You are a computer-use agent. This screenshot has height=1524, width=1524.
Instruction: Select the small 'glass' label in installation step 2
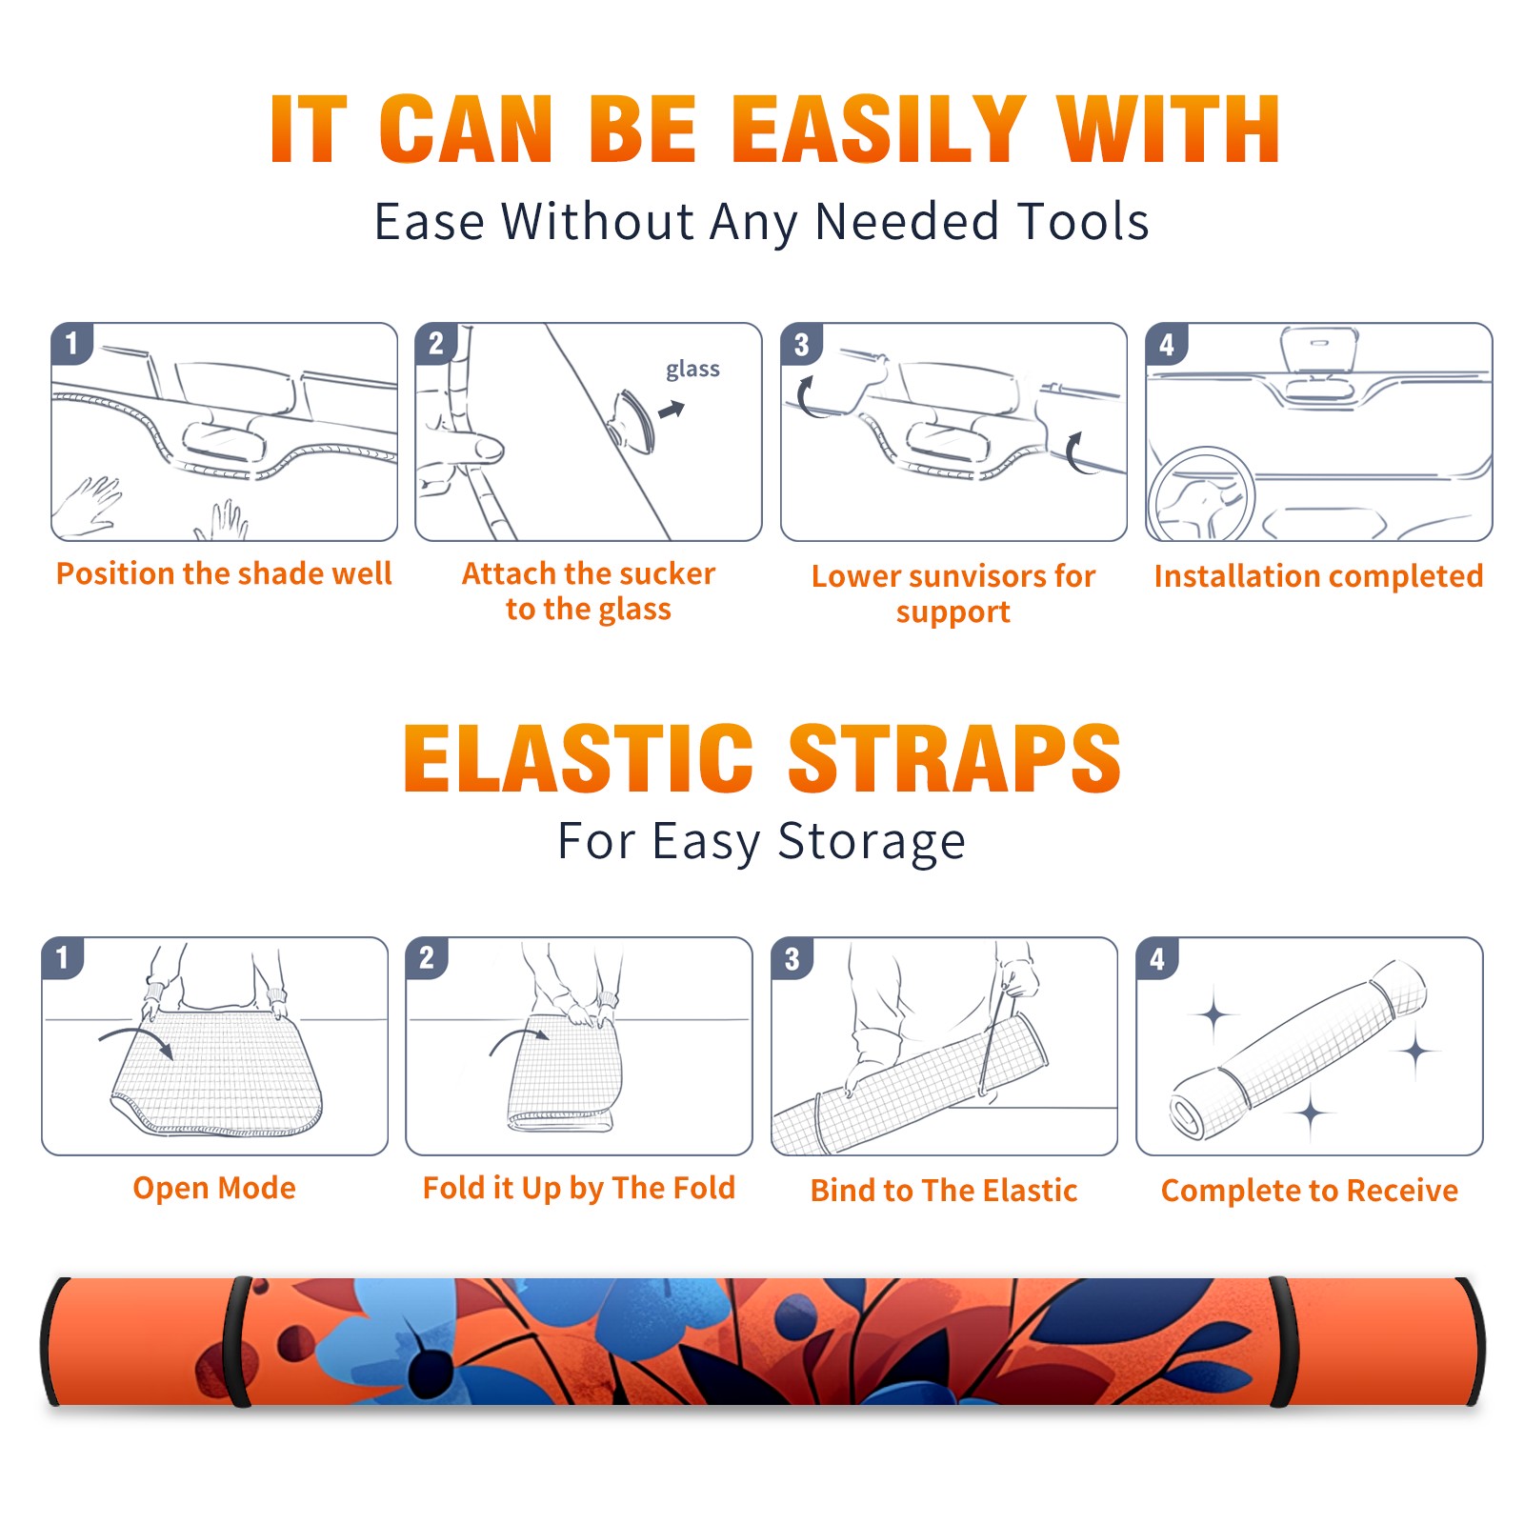click(692, 370)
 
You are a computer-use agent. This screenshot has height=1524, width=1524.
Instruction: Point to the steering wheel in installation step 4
click(1202, 493)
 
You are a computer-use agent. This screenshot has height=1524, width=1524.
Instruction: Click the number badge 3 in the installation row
click(801, 344)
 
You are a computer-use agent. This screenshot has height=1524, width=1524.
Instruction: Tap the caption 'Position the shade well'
click(224, 573)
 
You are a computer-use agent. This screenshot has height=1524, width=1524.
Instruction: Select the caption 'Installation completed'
click(1318, 576)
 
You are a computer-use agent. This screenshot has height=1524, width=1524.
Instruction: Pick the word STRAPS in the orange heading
click(954, 758)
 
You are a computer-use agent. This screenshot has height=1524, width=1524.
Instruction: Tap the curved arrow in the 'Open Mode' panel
click(135, 1040)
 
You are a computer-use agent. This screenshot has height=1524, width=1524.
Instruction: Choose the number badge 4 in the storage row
click(1157, 958)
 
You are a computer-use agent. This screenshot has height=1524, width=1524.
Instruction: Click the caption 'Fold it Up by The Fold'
click(579, 1189)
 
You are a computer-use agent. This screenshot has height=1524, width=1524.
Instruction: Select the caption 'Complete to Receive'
click(1310, 1191)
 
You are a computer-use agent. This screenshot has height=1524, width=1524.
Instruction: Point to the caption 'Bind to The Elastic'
click(944, 1191)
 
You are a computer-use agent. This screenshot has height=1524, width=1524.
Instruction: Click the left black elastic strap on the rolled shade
click(237, 1342)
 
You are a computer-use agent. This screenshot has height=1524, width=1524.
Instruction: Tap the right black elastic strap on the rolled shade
click(1279, 1342)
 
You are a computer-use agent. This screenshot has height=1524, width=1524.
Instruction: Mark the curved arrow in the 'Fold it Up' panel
click(518, 1038)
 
